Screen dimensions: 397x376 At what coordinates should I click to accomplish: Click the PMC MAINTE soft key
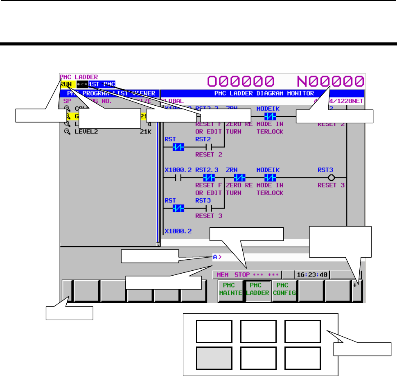[x=230, y=290]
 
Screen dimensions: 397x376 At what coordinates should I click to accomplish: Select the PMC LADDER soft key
[x=257, y=290]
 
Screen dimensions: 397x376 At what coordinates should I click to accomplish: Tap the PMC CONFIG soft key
[x=284, y=290]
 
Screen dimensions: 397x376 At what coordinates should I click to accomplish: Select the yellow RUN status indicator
[x=65, y=84]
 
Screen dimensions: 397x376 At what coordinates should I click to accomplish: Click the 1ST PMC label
[x=102, y=84]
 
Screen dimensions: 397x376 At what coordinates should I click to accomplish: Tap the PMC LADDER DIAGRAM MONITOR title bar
[x=264, y=93]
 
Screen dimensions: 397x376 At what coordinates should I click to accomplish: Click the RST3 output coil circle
[x=332, y=178]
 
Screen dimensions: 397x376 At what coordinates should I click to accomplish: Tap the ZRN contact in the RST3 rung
[x=239, y=178]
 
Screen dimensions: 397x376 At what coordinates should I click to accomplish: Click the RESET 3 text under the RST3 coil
[x=331, y=185]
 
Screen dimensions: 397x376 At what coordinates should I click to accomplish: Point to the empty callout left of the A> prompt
[x=150, y=256]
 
